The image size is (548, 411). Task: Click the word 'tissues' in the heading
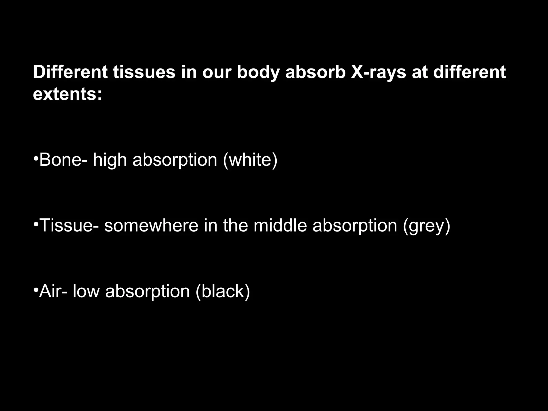pos(144,72)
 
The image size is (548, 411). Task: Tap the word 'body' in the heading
pos(258,73)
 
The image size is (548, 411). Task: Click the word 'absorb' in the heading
pos(315,72)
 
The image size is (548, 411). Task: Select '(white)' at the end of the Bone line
pos(250,160)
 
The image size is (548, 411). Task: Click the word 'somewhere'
pos(151,225)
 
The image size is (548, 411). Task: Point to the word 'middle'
pos(280,225)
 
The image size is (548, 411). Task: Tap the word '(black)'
pos(223,291)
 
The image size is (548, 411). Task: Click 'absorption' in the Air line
pos(147,291)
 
